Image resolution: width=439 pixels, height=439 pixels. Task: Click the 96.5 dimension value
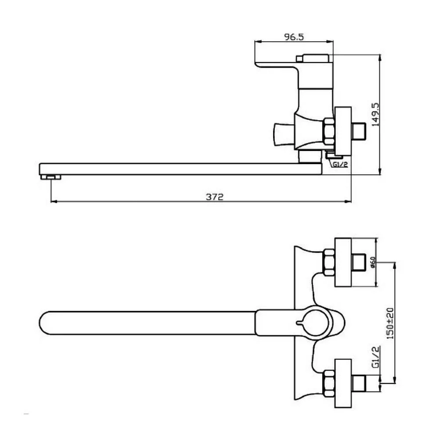pyautogui.click(x=294, y=37)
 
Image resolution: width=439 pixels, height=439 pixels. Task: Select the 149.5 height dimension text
pyautogui.click(x=375, y=114)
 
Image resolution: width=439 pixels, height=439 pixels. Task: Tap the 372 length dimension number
pyautogui.click(x=215, y=197)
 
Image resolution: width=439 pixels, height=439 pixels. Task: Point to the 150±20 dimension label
pyautogui.click(x=390, y=324)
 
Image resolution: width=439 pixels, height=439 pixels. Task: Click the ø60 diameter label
pyautogui.click(x=373, y=263)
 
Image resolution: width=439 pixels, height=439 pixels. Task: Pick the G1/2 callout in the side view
pyautogui.click(x=340, y=164)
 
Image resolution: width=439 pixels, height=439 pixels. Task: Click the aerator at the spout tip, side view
pyautogui.click(x=50, y=177)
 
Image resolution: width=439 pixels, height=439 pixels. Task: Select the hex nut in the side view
pyautogui.click(x=329, y=131)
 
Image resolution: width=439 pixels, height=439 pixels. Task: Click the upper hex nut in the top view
pyautogui.click(x=329, y=263)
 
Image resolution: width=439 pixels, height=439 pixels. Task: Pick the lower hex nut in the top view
pyautogui.click(x=329, y=383)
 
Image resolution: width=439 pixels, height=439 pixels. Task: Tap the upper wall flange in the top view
pyautogui.click(x=343, y=263)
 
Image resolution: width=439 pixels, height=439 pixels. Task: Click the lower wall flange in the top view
pyautogui.click(x=343, y=383)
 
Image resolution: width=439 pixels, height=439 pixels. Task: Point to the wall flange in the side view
pyautogui.click(x=343, y=131)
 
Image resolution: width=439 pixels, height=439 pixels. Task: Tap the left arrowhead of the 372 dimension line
pyautogui.click(x=54, y=202)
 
